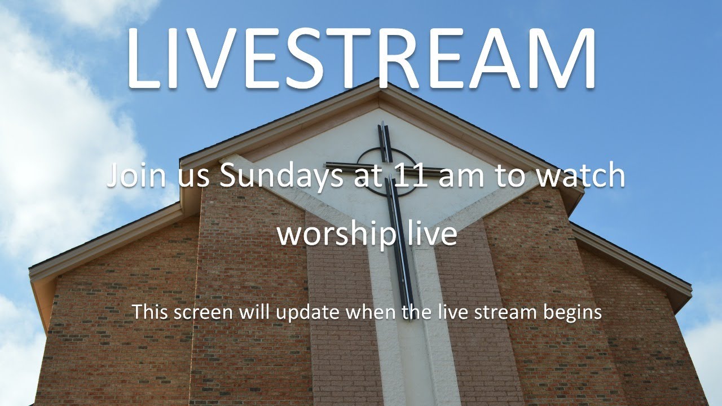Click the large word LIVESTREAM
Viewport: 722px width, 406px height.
point(361,56)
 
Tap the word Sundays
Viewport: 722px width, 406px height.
point(278,176)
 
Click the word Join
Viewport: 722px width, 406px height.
point(135,176)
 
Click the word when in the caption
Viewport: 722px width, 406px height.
point(369,311)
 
